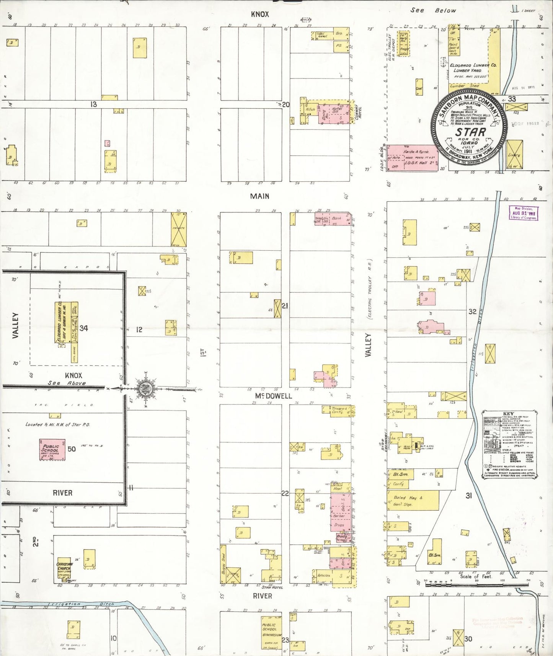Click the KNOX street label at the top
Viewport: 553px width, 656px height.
260,15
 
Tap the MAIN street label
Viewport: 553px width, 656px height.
259,196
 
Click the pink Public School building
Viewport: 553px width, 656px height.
52,449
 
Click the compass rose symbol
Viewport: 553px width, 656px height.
146,389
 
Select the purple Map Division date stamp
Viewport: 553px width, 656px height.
523,213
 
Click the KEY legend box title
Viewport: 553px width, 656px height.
508,414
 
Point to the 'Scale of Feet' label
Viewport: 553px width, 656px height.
475,576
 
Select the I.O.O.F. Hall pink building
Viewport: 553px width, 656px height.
412,158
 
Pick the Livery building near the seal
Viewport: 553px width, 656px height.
514,154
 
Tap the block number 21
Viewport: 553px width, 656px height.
285,306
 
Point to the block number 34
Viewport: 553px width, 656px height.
84,328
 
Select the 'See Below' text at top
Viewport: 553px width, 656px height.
433,10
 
